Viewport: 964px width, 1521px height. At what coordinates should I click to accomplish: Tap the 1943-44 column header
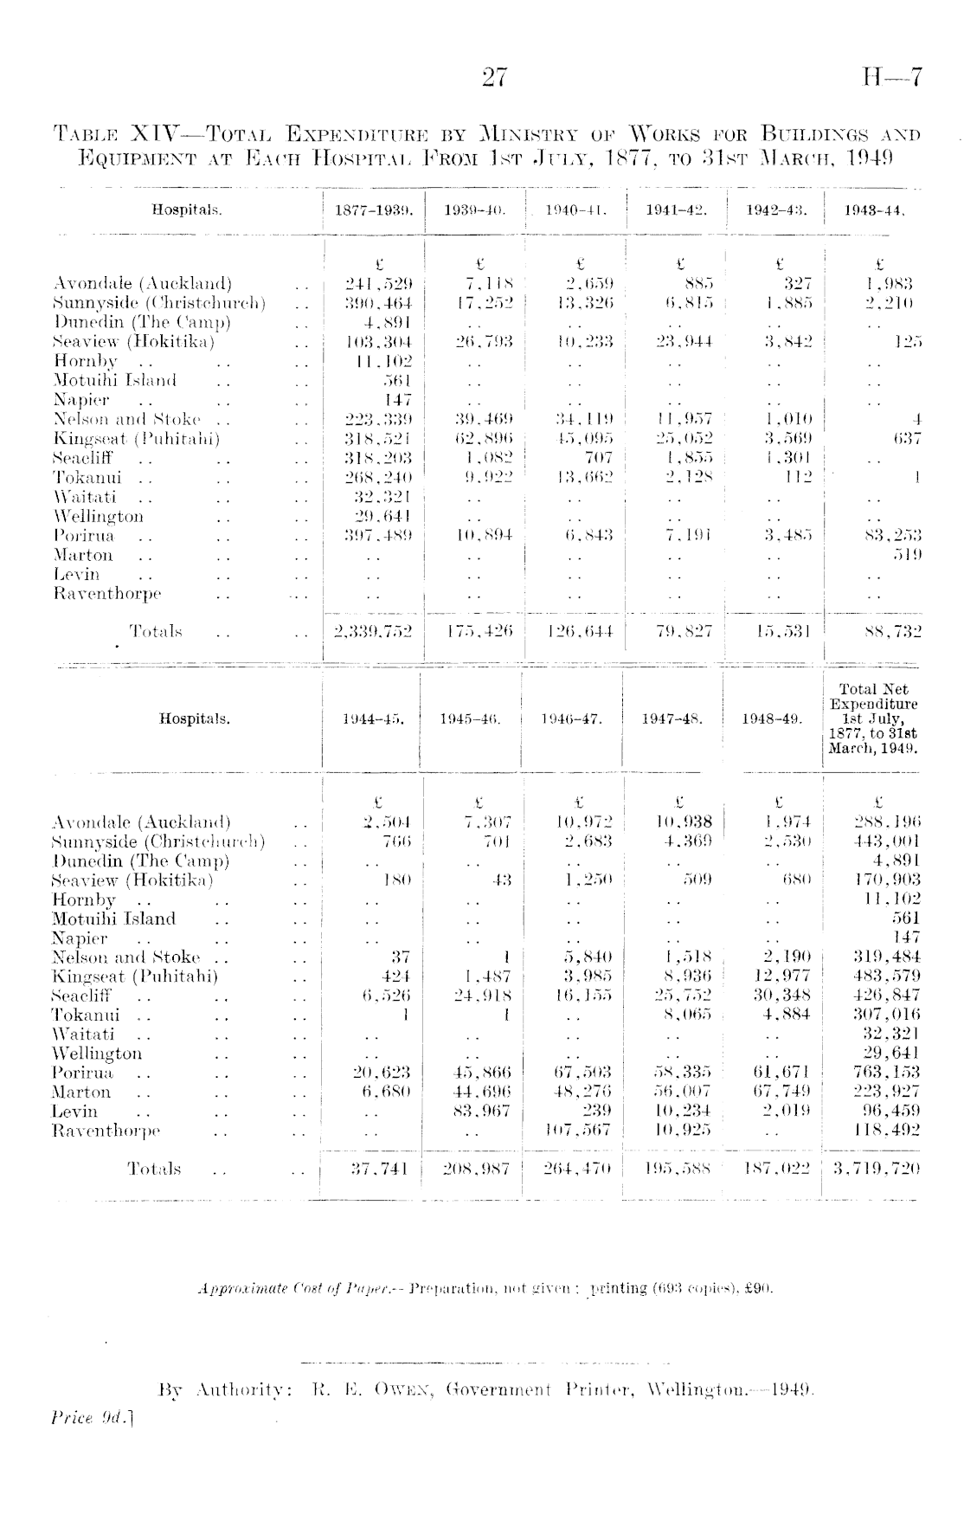[874, 210]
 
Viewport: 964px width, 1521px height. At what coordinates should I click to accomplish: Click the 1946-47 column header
[571, 719]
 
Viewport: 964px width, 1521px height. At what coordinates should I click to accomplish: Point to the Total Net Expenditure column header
[873, 719]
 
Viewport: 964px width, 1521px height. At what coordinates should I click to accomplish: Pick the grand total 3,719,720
[876, 1169]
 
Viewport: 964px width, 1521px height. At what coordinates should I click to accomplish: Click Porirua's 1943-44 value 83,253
[892, 536]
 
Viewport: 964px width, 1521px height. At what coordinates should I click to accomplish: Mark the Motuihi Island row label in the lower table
[113, 918]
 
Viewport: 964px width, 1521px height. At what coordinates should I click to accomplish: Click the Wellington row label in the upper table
[99, 517]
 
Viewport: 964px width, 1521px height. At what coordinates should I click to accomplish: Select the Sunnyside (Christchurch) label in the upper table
[159, 303]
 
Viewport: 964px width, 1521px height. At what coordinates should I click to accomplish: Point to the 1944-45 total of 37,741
[379, 1169]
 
